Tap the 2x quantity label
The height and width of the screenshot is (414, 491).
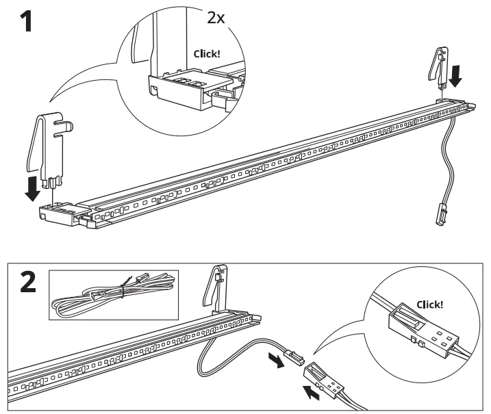[x=216, y=17]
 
